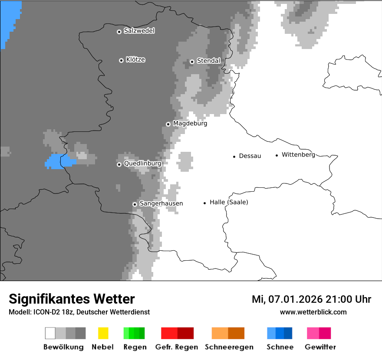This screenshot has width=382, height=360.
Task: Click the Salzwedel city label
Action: pos(139,31)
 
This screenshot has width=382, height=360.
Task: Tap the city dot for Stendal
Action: pos(192,62)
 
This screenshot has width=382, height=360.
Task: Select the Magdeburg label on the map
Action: pos(190,124)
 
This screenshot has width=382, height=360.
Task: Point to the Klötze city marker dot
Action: pos(121,60)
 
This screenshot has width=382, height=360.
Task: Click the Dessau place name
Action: pos(250,156)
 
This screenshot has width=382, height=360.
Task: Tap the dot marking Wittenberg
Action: pos(277,155)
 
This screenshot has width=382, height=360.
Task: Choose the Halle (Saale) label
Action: pos(229,202)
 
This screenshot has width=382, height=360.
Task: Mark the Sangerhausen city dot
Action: pos(135,204)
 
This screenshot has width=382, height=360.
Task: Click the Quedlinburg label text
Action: pos(142,164)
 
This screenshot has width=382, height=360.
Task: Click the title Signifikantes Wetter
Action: pos(72,299)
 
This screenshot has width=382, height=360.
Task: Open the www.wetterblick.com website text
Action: pos(313,312)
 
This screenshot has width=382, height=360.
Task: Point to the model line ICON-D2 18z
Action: pos(79,312)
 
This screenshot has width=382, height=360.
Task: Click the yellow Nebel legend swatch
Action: pos(103,333)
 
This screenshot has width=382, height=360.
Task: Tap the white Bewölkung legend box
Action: pos(50,333)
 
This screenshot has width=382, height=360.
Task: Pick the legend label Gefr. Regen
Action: pos(177,347)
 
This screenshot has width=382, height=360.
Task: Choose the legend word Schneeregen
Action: pos(228,347)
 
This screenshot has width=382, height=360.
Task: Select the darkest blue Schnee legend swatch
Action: pos(288,333)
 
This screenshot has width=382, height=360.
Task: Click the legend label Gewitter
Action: pos(320,347)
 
